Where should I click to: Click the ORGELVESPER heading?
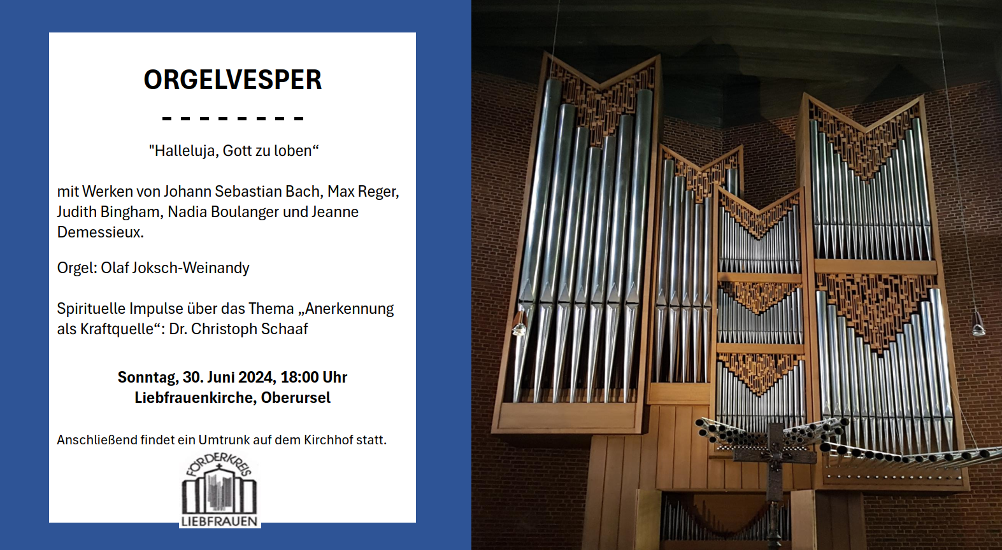(233, 80)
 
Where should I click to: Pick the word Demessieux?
(100, 232)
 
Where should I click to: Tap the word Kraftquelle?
(117, 329)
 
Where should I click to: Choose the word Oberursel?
(296, 397)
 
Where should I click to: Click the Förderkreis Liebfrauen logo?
(220, 490)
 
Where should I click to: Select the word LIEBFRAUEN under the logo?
(219, 521)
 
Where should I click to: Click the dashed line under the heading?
(233, 119)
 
